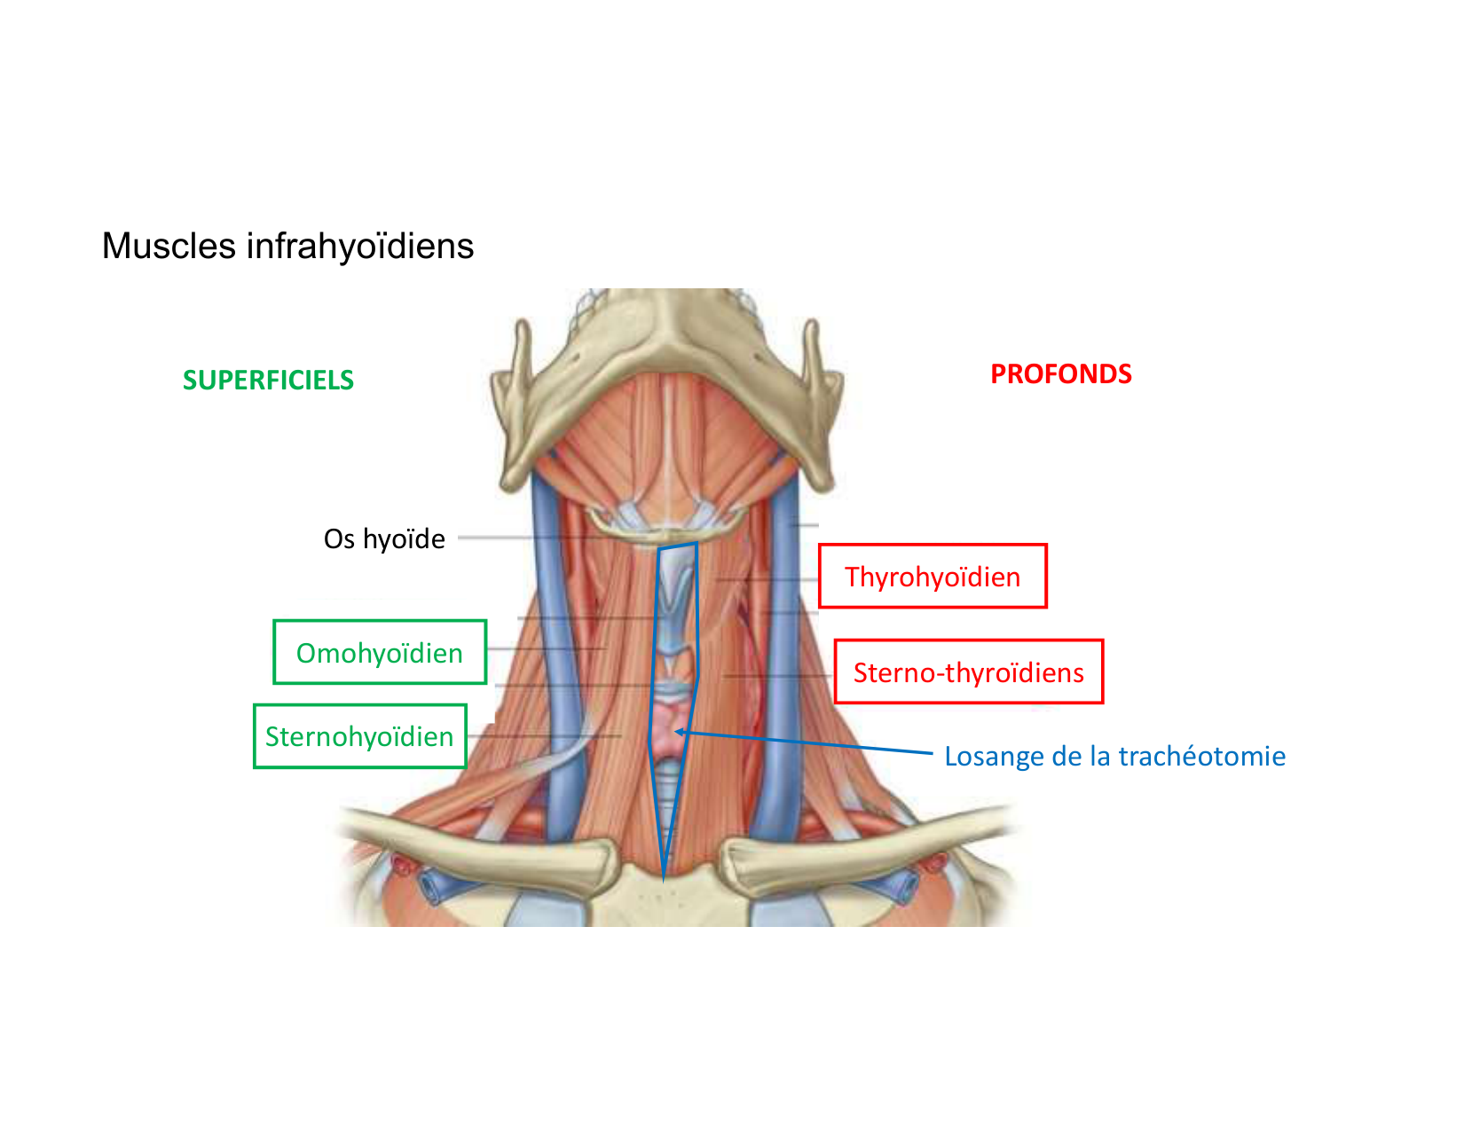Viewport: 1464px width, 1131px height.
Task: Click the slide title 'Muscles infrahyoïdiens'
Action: point(287,246)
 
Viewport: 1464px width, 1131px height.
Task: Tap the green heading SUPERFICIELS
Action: point(268,380)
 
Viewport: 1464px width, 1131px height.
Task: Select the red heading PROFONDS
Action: point(1060,373)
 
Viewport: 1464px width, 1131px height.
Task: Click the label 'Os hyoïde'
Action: point(384,538)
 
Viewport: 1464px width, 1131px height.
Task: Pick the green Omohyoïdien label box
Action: point(380,653)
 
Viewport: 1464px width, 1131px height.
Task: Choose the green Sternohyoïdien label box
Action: point(359,736)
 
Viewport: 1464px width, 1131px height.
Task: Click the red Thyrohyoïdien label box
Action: point(933,577)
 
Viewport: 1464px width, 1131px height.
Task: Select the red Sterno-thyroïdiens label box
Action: point(968,672)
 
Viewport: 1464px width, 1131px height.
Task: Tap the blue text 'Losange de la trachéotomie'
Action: point(1114,756)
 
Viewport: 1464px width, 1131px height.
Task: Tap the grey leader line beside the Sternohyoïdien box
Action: point(541,735)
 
